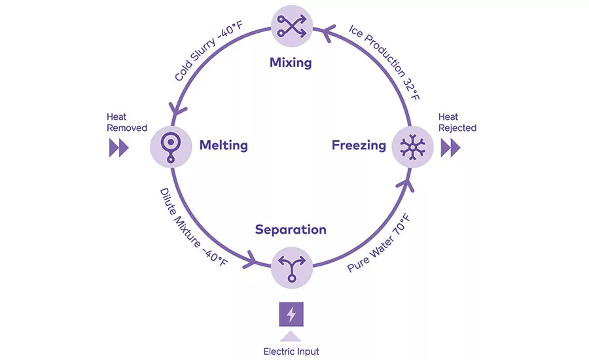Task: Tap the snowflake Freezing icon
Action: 412,146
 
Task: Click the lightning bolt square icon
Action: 291,314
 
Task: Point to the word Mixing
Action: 291,63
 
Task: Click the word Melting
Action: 223,145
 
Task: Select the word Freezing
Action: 359,145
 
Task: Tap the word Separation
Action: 291,229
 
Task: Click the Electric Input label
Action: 291,351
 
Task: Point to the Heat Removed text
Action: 127,122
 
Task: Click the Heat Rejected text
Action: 457,122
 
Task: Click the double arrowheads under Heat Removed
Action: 118,148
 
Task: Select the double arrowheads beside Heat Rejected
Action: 450,148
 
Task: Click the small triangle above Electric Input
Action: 291,336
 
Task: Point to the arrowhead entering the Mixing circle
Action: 317,29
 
